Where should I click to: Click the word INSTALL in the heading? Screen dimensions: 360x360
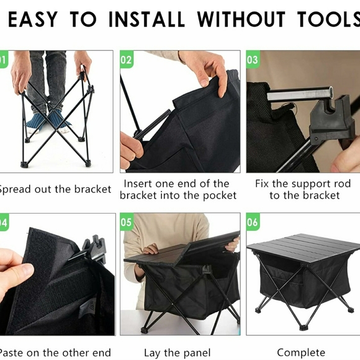click(146, 20)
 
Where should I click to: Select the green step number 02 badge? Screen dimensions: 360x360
click(126, 60)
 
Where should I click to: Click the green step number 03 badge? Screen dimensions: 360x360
click(253, 60)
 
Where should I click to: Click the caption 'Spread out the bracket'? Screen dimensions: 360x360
click(55, 189)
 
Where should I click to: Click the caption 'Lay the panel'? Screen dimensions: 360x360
click(177, 353)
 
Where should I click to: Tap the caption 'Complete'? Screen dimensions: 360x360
click(301, 353)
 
